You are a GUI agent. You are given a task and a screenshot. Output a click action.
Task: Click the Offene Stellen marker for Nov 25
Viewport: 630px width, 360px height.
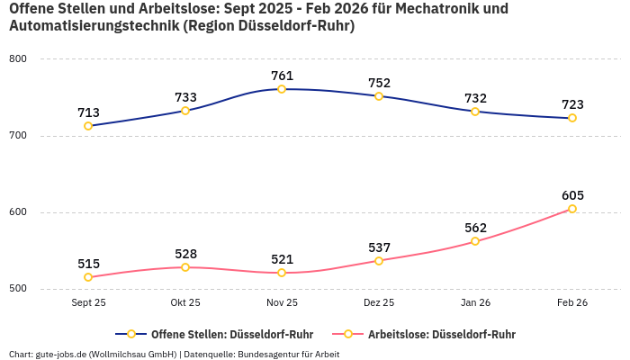282,89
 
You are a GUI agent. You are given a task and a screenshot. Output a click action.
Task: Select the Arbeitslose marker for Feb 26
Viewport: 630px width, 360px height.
572,209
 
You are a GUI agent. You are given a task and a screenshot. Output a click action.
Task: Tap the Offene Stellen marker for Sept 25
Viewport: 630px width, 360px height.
88,126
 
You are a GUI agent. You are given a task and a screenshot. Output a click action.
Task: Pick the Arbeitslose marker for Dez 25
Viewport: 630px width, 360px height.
379,261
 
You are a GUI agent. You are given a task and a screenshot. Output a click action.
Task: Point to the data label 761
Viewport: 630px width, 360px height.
282,76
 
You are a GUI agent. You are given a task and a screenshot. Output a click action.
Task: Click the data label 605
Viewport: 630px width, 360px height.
572,195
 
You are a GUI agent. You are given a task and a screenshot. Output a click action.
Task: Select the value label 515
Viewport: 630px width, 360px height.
88,264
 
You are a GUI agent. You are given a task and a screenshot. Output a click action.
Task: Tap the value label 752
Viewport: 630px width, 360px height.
379,83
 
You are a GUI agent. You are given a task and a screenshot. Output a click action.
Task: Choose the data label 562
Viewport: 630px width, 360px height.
475,228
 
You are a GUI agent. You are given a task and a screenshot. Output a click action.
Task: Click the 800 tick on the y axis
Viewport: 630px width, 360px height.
18,59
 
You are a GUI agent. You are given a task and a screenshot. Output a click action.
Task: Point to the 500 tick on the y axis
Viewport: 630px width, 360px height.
18,289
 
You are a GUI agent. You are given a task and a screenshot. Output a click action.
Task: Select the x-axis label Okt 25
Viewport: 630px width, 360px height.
185,303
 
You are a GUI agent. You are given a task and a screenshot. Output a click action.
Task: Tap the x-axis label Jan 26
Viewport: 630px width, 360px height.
475,303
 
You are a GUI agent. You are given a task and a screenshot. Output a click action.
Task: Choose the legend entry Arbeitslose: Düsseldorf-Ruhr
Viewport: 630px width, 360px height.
441,334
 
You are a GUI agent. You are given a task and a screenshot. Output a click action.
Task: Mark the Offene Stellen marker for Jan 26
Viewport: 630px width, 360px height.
475,112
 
